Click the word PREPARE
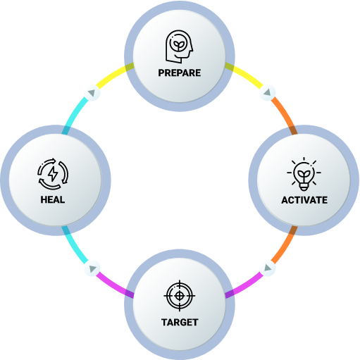tap(180, 73)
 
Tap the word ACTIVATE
tap(304, 200)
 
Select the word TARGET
tap(180, 322)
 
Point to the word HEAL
tap(53, 199)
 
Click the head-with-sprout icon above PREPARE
tap(179, 46)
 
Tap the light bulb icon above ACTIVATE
tap(304, 174)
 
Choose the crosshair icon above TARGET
tap(180, 296)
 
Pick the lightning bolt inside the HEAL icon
tap(53, 174)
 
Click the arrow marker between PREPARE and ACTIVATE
tap(267, 92)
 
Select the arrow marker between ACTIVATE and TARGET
tap(268, 268)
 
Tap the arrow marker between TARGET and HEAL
tap(92, 268)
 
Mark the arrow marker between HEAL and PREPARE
tap(92, 92)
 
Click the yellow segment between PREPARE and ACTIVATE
tap(244, 75)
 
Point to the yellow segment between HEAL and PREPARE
tap(115, 75)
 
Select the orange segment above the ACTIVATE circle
tap(285, 114)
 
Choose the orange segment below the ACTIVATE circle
tap(285, 246)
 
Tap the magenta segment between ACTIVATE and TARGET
tap(244, 285)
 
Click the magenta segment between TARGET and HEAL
tap(115, 285)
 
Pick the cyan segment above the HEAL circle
tap(75, 114)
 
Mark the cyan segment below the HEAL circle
tap(75, 246)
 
